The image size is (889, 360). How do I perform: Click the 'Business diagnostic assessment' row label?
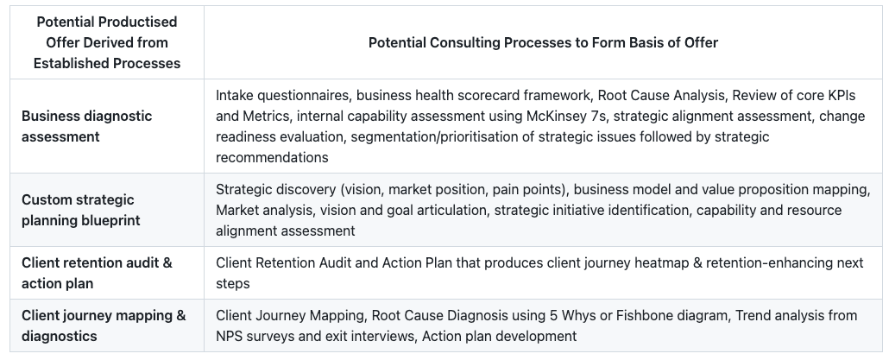pos(86,126)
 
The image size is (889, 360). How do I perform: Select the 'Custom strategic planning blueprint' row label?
pos(80,210)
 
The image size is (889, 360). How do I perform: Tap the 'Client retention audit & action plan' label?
pos(97,273)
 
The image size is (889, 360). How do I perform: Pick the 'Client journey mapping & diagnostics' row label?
pos(104,325)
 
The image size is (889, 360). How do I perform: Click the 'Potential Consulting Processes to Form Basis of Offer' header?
pos(543,42)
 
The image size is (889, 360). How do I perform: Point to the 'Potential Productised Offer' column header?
pos(107,42)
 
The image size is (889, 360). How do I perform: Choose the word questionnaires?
pos(301,95)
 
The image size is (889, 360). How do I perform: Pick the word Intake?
pos(234,95)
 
